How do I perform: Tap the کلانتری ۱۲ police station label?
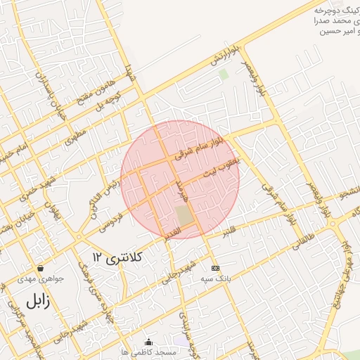click(x=117, y=257)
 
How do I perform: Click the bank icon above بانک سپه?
click(x=214, y=268)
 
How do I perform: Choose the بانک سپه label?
click(x=215, y=278)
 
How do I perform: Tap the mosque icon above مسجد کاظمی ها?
click(x=148, y=342)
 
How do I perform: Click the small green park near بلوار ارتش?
click(x=224, y=74)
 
